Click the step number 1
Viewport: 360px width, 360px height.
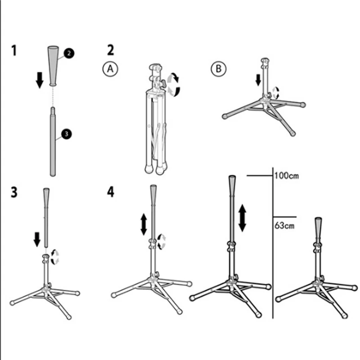tap(14, 50)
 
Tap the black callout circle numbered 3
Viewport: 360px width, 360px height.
tap(66, 134)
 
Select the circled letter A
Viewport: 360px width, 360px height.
tap(110, 69)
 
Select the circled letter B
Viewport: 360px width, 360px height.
tap(219, 69)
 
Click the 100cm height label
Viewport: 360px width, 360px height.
tap(287, 175)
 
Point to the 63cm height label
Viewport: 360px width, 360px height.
tap(284, 225)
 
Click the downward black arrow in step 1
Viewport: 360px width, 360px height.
tap(40, 79)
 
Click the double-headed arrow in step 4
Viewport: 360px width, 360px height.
tap(144, 224)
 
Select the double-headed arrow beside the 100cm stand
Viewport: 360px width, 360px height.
tap(242, 217)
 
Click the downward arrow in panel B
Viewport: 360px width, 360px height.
tap(258, 80)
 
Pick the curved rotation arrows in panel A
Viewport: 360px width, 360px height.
tap(173, 85)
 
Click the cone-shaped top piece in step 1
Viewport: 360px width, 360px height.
tap(53, 64)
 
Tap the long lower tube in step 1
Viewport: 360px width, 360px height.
tap(53, 144)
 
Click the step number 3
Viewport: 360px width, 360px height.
tap(14, 192)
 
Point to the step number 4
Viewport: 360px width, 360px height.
tap(111, 192)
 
